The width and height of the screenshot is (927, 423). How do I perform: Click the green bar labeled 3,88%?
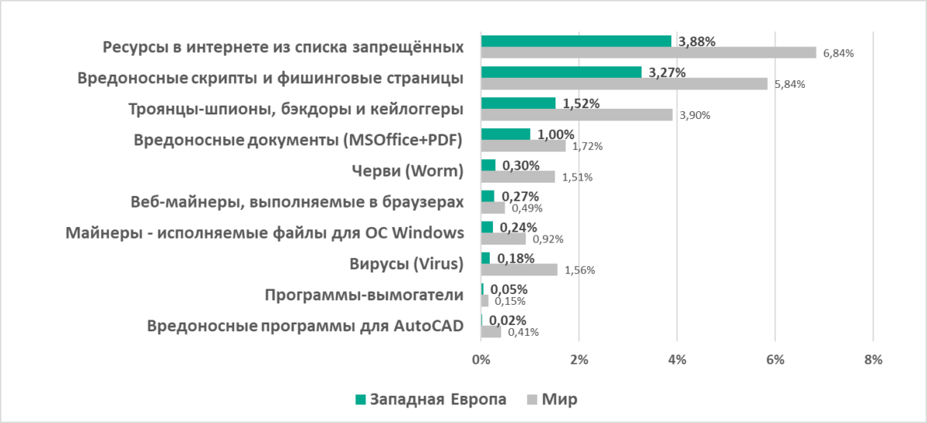click(x=576, y=41)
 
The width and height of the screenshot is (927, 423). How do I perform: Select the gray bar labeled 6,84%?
click(x=648, y=52)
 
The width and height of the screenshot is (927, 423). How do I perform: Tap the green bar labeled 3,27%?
click(x=561, y=72)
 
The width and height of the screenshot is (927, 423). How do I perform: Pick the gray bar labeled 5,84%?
click(x=624, y=83)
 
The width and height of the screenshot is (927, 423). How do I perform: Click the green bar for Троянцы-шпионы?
click(x=518, y=103)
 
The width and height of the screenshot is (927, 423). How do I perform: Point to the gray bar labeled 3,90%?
click(x=576, y=114)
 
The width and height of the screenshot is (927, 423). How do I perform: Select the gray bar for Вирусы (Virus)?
click(x=519, y=269)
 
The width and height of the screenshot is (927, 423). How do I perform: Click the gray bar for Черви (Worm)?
click(x=518, y=177)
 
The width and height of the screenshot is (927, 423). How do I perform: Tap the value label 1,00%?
click(x=557, y=134)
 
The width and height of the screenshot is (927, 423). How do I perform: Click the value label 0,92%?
click(x=548, y=239)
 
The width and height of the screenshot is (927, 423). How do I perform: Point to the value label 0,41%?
click(x=523, y=332)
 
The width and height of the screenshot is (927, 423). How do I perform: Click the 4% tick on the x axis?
click(x=677, y=359)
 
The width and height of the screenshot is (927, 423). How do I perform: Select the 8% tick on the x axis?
click(x=873, y=359)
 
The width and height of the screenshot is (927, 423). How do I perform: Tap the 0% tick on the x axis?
click(x=481, y=359)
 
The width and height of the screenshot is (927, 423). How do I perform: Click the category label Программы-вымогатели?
click(x=364, y=295)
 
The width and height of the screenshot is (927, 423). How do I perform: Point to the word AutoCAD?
click(x=428, y=326)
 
